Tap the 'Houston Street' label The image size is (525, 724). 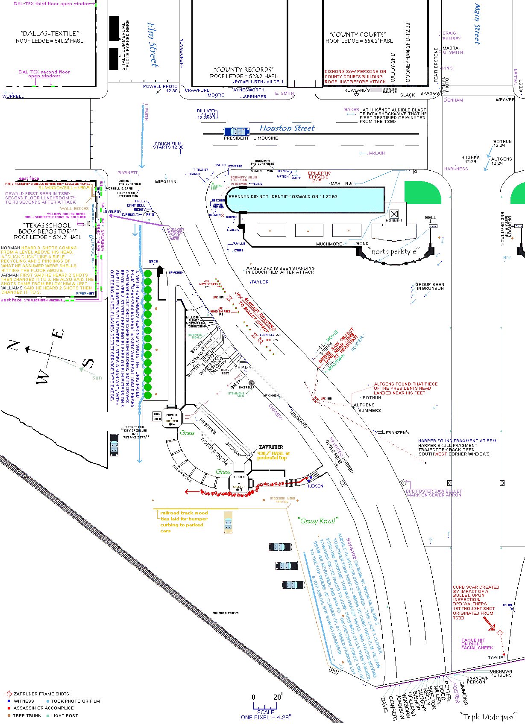point(287,128)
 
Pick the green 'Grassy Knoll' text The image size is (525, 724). point(318,521)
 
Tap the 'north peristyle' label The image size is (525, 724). point(393,251)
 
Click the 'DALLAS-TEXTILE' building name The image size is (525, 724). point(50,33)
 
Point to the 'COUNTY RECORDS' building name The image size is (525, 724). point(244,70)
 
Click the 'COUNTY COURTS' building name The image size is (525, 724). point(358,35)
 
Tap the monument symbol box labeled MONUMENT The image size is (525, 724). point(394,214)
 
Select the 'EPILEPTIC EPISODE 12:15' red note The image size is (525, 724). point(319,177)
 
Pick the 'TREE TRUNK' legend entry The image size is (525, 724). point(26,715)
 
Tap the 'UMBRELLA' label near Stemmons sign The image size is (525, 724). point(247,387)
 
